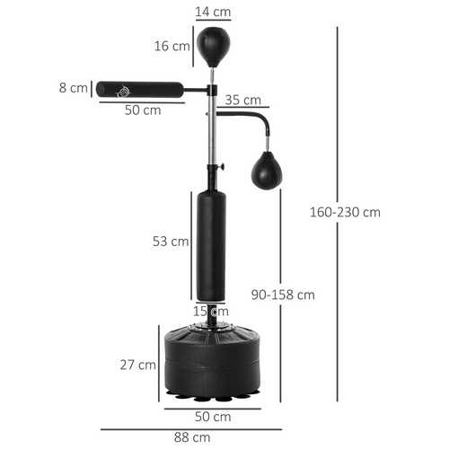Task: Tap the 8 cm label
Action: coord(78,88)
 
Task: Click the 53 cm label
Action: coord(171,241)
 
